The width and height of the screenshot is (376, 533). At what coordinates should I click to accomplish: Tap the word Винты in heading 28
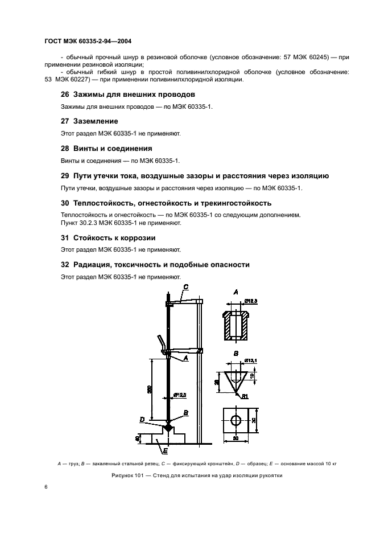coord(85,148)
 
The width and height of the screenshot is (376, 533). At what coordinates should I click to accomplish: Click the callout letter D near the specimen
coord(142,420)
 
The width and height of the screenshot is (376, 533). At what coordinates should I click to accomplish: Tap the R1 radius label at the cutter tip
coord(245,396)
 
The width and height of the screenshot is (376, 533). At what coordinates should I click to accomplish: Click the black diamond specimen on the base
coord(168,427)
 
